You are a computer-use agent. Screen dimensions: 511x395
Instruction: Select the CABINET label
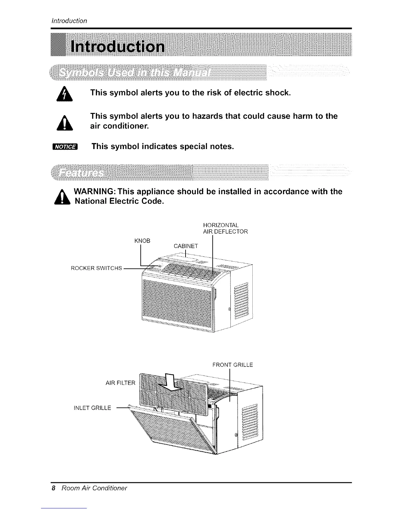pyautogui.click(x=186, y=246)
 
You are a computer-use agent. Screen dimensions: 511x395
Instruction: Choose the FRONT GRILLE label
pyautogui.click(x=232, y=365)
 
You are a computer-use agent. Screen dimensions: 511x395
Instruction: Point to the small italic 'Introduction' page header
pyautogui.click(x=70, y=21)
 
